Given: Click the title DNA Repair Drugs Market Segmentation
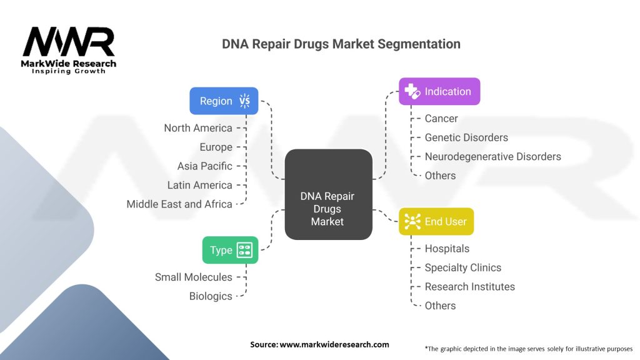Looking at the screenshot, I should (341, 44).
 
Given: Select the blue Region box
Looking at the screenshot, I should (224, 101).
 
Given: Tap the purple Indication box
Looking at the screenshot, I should (439, 91).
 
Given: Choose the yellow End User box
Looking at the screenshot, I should (436, 221).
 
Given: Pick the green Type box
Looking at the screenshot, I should (229, 250).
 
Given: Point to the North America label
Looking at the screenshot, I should (198, 128).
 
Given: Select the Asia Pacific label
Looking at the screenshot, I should (204, 166).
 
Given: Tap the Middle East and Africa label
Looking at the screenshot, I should (179, 204).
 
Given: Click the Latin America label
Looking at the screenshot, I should (199, 185).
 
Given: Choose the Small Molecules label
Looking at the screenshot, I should (194, 277).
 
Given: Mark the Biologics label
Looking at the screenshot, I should (211, 296).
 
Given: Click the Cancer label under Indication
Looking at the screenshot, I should (441, 118).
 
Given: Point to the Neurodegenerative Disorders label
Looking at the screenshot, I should (492, 156).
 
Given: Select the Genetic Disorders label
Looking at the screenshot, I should (466, 137).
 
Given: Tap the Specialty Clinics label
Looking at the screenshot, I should (462, 267).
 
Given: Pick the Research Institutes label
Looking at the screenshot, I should (469, 287).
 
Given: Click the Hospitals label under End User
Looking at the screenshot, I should (447, 249).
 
